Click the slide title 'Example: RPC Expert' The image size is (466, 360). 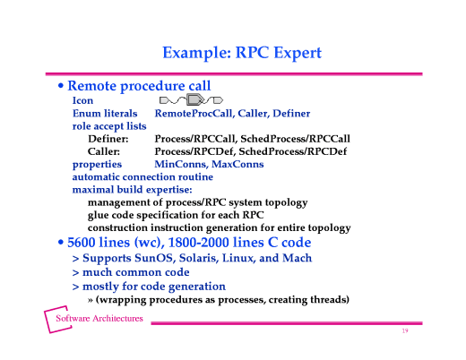pyautogui.click(x=241, y=53)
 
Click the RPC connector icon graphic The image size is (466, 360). pyautogui.click(x=190, y=101)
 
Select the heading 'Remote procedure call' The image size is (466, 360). pyautogui.click(x=139, y=86)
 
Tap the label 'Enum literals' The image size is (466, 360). pyautogui.click(x=105, y=115)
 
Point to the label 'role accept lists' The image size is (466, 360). pyautogui.click(x=109, y=127)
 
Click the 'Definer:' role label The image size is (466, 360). pyautogui.click(x=108, y=140)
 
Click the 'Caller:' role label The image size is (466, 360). pyautogui.click(x=105, y=152)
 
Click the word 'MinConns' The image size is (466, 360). pyautogui.click(x=178, y=165)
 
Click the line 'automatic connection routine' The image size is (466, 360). pyautogui.click(x=142, y=177)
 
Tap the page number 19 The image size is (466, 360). pyautogui.click(x=405, y=332)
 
